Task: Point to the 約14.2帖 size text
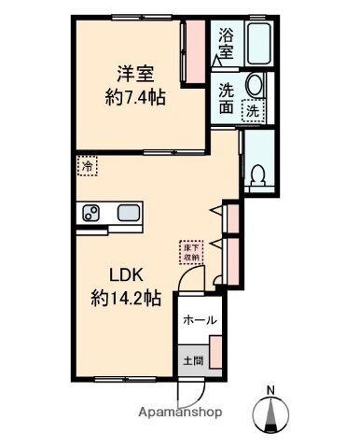click(128, 299)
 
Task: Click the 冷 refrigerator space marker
click(86, 166)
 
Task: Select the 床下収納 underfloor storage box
click(190, 251)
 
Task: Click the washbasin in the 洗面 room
click(255, 89)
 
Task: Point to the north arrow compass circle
click(270, 417)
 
